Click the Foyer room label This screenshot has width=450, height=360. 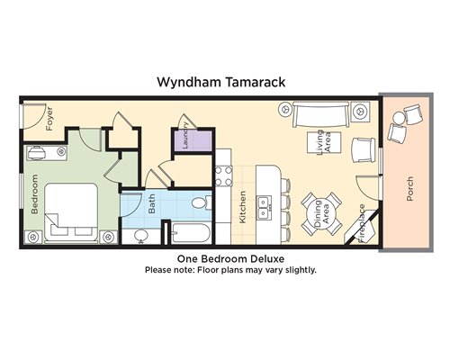49,119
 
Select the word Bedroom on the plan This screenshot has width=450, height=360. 35,194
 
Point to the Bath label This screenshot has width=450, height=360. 152,203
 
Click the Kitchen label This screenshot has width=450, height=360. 242,207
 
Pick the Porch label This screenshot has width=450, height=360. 409,189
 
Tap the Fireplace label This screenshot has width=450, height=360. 362,223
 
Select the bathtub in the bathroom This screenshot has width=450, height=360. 191,233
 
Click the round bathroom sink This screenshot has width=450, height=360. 140,235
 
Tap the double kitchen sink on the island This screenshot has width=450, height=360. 265,207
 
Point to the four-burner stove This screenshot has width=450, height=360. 224,176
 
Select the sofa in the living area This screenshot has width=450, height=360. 321,114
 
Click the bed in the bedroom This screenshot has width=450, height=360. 71,212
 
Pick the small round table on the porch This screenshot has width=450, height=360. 400,118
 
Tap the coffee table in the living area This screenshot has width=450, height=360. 324,142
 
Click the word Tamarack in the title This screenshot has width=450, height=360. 255,82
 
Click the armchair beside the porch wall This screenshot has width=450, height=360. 364,150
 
